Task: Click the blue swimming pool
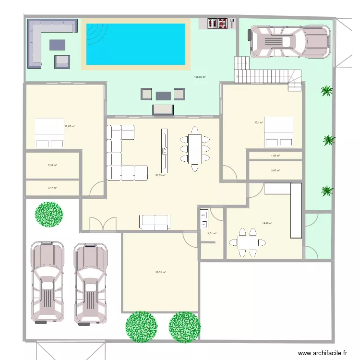(x=135, y=44)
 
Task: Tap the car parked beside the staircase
(x=288, y=40)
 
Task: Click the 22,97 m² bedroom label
(x=69, y=127)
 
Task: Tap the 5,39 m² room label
(x=52, y=165)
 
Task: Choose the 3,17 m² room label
(x=52, y=188)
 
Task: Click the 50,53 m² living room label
(x=160, y=175)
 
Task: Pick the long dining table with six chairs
(x=195, y=149)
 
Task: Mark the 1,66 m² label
(x=275, y=156)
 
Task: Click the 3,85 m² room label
(x=275, y=170)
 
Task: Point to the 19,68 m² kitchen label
(x=267, y=223)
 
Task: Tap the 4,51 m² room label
(x=211, y=234)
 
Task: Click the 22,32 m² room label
(x=160, y=272)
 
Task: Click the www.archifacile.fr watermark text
(x=322, y=353)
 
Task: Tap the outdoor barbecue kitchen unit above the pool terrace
(x=221, y=23)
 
